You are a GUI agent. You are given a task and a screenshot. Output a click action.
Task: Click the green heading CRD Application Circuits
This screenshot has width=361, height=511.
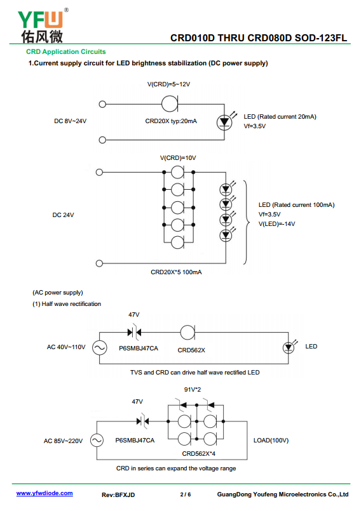(66, 52)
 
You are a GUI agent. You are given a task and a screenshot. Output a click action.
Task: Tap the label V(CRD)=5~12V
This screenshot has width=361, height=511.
(168, 84)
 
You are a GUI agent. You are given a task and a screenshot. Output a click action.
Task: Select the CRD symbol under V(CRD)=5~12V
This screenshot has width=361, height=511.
(170, 104)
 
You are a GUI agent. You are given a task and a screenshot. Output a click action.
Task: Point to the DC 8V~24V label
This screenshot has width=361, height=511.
(70, 121)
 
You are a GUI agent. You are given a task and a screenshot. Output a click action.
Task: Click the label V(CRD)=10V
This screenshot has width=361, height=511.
(178, 158)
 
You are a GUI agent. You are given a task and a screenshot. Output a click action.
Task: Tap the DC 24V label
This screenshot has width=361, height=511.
(64, 215)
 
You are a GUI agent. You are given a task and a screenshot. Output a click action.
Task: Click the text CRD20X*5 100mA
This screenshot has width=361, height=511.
(176, 272)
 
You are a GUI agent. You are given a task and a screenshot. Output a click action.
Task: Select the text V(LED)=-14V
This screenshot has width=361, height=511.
(277, 224)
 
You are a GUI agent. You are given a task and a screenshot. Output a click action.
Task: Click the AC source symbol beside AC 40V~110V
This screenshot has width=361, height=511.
(99, 348)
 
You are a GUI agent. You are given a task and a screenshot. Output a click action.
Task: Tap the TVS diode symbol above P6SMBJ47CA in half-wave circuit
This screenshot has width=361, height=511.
(134, 333)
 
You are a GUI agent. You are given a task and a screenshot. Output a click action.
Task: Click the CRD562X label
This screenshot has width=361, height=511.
(191, 350)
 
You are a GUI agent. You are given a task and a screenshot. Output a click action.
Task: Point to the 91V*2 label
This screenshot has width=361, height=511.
(193, 390)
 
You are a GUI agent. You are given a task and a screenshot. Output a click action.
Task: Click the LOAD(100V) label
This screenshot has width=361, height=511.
(271, 441)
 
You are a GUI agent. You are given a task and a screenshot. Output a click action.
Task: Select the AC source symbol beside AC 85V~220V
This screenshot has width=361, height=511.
(97, 441)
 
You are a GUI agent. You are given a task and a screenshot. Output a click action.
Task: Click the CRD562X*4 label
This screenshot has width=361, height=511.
(198, 454)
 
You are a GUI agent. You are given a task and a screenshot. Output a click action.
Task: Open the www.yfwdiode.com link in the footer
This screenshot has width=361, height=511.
(44, 493)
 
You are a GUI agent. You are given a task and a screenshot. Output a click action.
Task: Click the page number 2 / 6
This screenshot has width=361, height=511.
(186, 494)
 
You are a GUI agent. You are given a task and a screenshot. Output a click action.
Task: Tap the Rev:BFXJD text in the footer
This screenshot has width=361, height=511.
(118, 495)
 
